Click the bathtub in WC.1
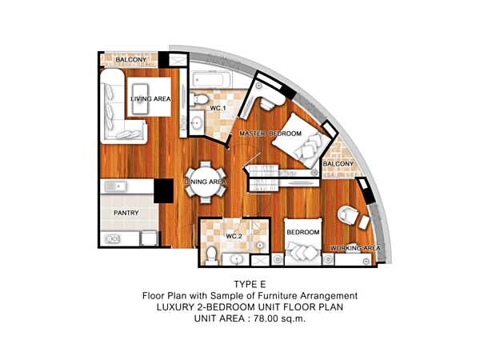(x=208, y=80)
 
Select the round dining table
(x=206, y=182)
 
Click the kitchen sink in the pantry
(x=116, y=186)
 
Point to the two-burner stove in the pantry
(x=112, y=238)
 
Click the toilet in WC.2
(x=211, y=256)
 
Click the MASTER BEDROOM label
(x=270, y=134)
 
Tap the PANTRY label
(x=126, y=213)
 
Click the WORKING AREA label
(x=355, y=248)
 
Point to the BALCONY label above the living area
(x=131, y=60)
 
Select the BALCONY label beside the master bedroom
(x=338, y=164)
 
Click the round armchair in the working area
(x=347, y=214)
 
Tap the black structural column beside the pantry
(x=163, y=190)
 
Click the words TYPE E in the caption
(x=250, y=284)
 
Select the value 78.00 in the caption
(x=266, y=318)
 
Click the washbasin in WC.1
(x=196, y=122)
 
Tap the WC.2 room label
(x=234, y=236)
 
